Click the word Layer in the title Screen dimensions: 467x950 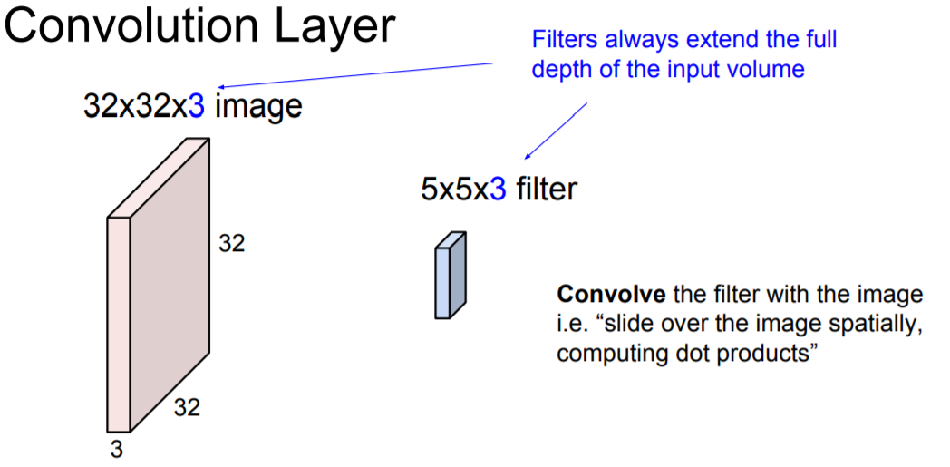334,27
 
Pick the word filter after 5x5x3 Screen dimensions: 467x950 547,190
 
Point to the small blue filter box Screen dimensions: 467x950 451,276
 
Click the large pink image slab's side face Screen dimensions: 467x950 170,281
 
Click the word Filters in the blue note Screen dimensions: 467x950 560,40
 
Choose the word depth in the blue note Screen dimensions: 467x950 559,70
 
